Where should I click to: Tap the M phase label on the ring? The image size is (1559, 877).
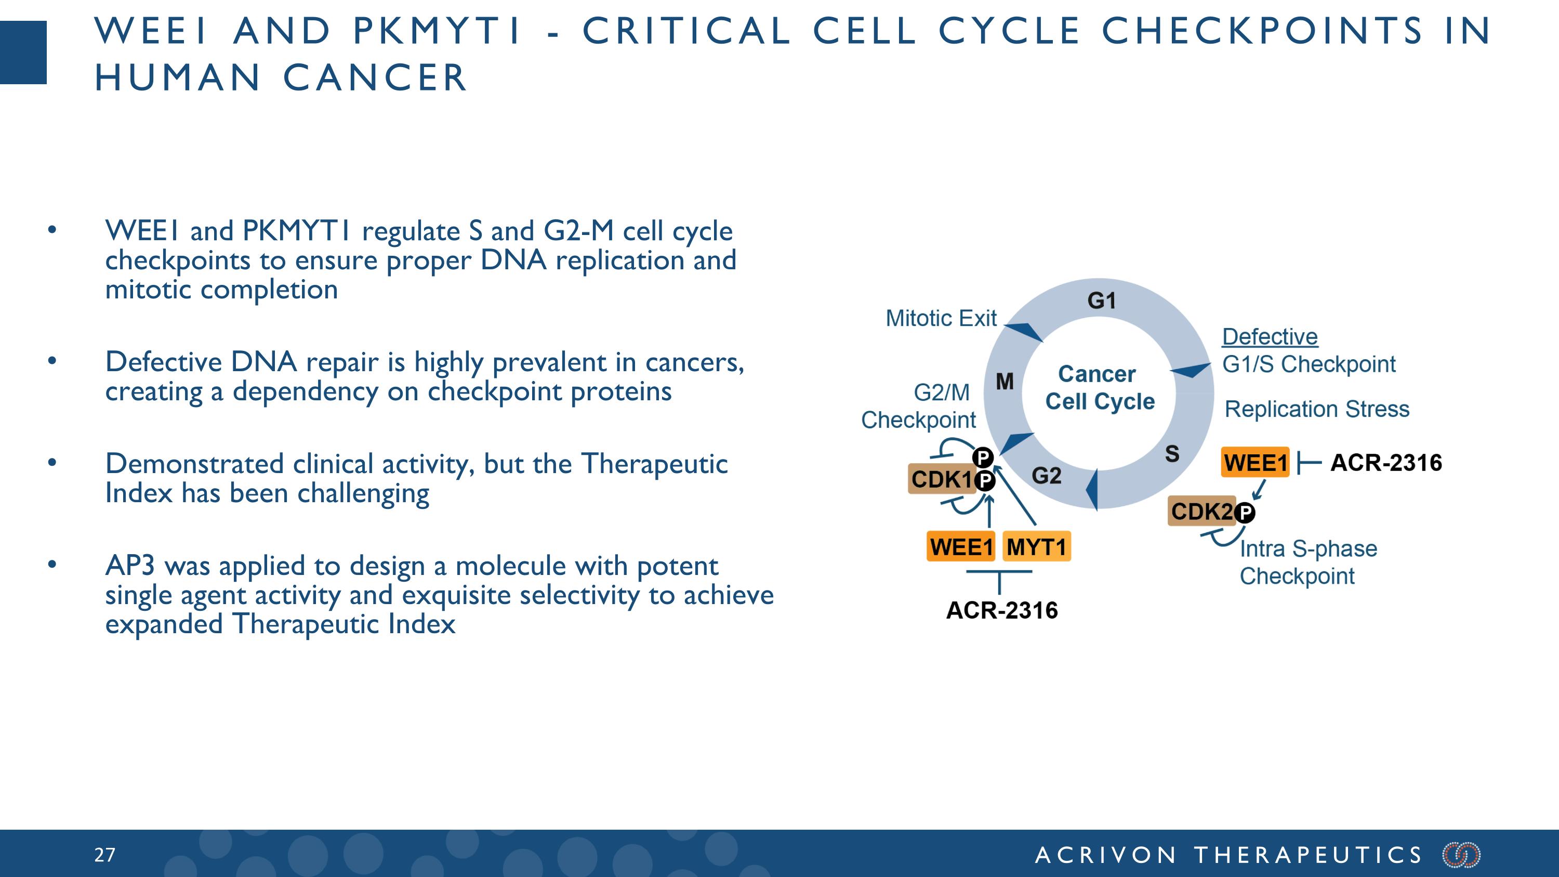click(x=1005, y=381)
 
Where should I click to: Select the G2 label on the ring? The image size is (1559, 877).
click(x=1047, y=476)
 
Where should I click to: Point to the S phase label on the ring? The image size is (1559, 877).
click(x=1172, y=454)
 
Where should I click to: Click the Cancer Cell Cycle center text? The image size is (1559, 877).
click(x=1099, y=388)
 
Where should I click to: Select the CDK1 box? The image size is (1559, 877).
click(x=942, y=479)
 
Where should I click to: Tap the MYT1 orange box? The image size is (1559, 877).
click(x=1036, y=546)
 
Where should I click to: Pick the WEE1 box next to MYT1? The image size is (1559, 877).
click(x=960, y=546)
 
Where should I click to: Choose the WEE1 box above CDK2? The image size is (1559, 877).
click(x=1255, y=463)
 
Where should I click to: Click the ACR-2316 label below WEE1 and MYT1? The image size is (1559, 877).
click(x=1001, y=610)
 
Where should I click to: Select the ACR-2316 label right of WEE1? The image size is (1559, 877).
click(x=1386, y=463)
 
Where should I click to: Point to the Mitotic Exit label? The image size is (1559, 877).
click(x=941, y=318)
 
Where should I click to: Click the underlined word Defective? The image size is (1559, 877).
click(x=1270, y=336)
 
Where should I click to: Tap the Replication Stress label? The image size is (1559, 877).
click(x=1317, y=409)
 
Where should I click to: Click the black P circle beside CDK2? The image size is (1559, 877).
click(x=1245, y=513)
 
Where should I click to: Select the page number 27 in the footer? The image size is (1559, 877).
click(x=104, y=855)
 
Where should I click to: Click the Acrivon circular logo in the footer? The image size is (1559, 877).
click(x=1461, y=855)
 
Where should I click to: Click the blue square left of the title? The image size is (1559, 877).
click(x=23, y=53)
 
